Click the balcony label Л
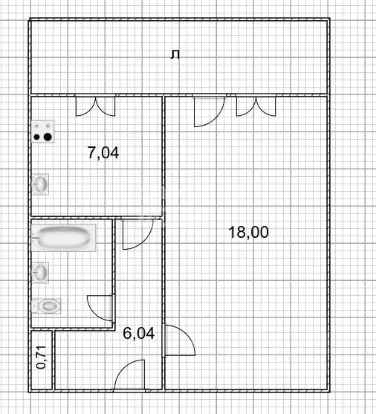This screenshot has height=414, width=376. coord(175,54)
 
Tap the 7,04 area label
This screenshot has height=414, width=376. coord(103,153)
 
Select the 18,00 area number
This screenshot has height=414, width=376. coord(248,233)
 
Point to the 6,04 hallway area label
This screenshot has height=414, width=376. coord(138,334)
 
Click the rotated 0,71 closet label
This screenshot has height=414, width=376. coord(42,358)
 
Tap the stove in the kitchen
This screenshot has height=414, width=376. coord(43,132)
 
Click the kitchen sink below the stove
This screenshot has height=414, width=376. coord(41,183)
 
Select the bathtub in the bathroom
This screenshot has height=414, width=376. coord(65,239)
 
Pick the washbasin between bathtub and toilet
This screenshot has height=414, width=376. coord(42,272)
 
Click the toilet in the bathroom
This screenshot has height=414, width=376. coord(46,305)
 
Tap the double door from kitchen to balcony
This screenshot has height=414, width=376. coord(95,106)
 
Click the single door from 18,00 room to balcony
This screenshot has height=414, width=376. coord(207,111)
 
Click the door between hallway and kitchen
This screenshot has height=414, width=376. coord(137,233)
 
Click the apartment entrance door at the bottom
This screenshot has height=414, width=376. coord(130,375)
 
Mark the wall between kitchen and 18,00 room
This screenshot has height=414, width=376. coord(163,156)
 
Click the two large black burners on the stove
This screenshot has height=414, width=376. coord(43,137)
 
